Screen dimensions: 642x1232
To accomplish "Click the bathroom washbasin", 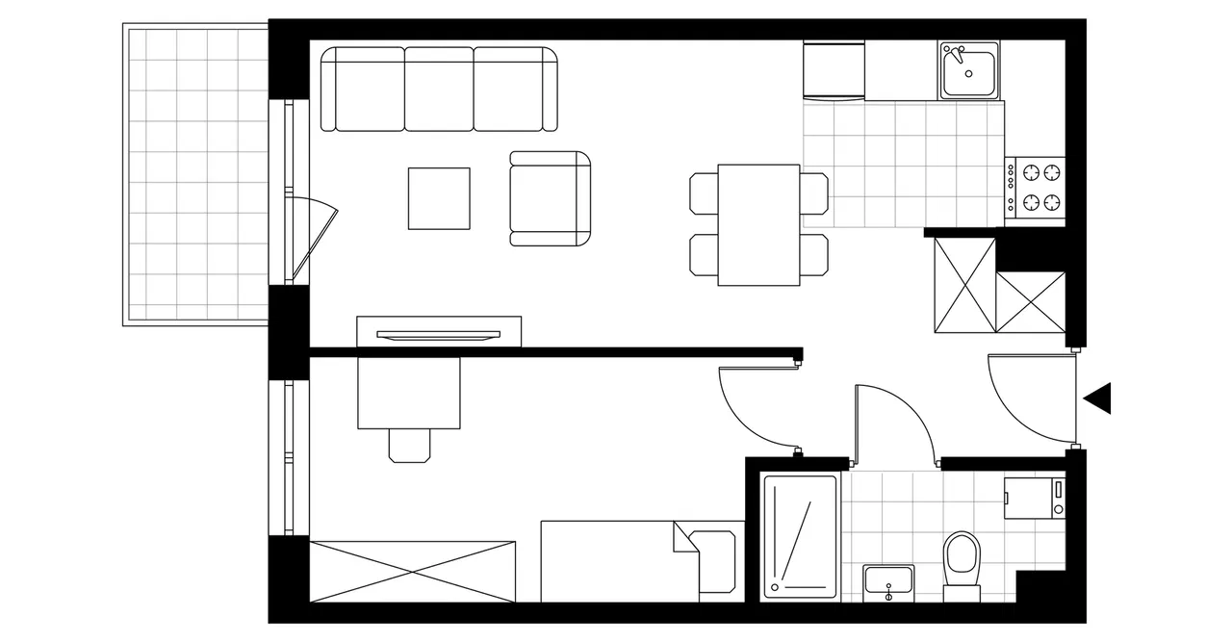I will pos(888,581).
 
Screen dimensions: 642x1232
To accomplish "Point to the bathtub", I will pos(800,535).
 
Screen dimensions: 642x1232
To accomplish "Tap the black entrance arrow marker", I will pos(1098,398).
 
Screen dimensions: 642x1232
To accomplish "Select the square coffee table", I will pos(439,198).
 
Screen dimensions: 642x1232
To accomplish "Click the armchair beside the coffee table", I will pos(550,198).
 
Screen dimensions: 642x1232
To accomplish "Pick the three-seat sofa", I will pos(439,89).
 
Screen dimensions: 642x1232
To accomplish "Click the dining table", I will pos(758,225).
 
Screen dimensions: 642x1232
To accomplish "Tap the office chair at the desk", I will pos(410,444).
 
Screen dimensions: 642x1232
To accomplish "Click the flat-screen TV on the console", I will pos(439,334).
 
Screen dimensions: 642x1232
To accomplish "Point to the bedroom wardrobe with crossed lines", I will pos(412,572).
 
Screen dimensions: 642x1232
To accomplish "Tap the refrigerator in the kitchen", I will pos(834,70).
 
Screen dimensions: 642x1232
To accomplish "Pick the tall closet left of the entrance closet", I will pos(964,285).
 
